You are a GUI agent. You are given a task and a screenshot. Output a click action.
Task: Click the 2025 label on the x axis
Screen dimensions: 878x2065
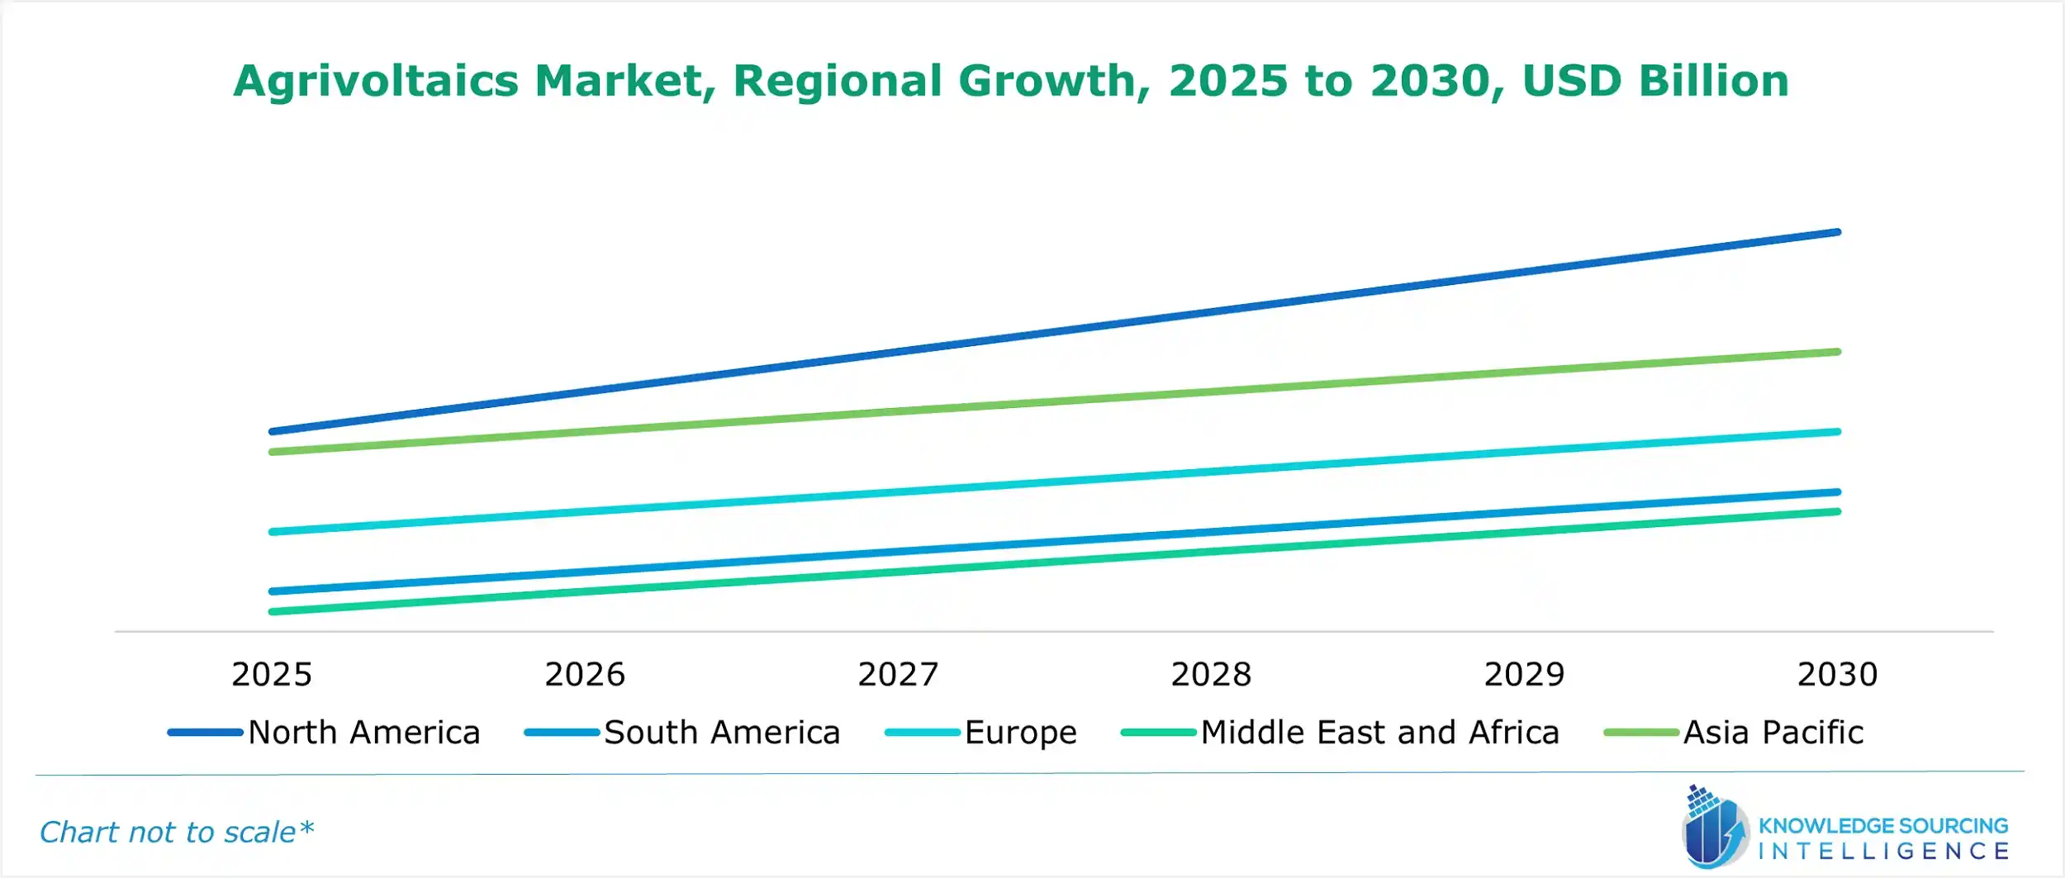click(272, 675)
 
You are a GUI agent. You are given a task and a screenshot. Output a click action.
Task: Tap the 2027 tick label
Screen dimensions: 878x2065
click(898, 675)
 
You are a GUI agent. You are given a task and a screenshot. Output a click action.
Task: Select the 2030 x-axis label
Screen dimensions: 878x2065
click(1837, 675)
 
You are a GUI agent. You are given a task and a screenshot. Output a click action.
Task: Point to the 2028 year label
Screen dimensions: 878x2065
click(1211, 675)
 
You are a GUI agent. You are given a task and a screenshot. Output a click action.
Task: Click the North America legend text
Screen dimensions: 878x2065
click(363, 733)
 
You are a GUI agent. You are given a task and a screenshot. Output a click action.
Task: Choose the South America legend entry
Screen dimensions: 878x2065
click(721, 733)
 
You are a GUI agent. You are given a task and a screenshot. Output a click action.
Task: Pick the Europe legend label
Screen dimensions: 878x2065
click(1020, 733)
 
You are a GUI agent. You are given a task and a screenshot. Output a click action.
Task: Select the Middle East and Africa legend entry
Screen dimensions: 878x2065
click(1379, 733)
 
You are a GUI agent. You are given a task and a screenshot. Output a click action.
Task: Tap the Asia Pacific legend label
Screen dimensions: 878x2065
click(1773, 733)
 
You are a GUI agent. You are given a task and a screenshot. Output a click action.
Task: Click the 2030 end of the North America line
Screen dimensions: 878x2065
click(1837, 233)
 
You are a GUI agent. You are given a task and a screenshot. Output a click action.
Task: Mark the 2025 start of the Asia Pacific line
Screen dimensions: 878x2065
click(273, 452)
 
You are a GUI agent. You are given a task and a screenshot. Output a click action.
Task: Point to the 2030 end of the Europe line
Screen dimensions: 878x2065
click(1837, 432)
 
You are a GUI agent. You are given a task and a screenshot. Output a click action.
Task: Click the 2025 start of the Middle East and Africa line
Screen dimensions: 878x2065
click(273, 612)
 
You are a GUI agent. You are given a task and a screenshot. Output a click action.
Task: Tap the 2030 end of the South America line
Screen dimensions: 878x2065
click(1837, 492)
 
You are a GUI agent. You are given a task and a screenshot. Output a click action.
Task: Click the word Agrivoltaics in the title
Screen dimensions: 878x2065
click(376, 81)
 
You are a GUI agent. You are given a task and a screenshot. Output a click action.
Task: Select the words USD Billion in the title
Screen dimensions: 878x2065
click(1655, 81)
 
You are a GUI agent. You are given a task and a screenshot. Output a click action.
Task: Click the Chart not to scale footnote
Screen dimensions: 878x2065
click(177, 832)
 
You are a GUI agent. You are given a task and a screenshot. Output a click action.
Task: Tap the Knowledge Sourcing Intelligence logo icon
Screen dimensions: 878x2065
click(1714, 828)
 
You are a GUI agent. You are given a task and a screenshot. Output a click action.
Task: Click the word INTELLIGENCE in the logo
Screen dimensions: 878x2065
click(1883, 851)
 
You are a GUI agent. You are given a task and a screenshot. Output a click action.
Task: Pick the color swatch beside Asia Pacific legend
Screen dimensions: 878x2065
click(1640, 733)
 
